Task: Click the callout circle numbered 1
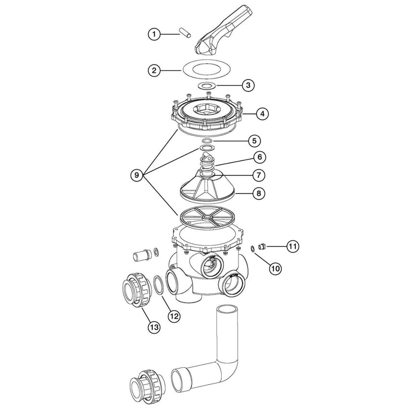click(154, 34)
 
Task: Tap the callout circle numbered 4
click(262, 114)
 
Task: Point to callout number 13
click(154, 327)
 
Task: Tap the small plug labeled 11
click(262, 247)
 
